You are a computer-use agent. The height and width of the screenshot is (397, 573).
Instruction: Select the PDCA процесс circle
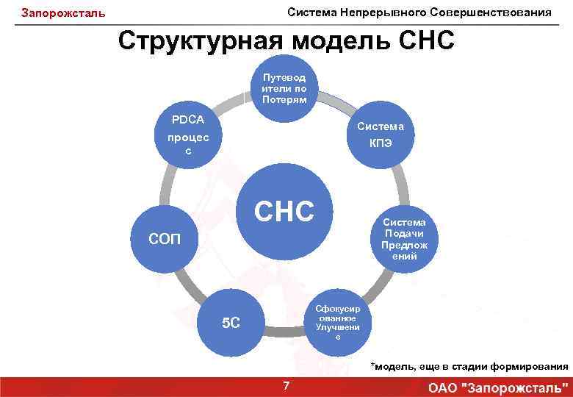[188, 135]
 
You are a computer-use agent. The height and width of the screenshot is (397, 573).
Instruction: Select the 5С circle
[231, 323]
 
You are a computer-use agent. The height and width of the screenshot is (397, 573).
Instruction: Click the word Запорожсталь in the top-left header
[63, 13]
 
